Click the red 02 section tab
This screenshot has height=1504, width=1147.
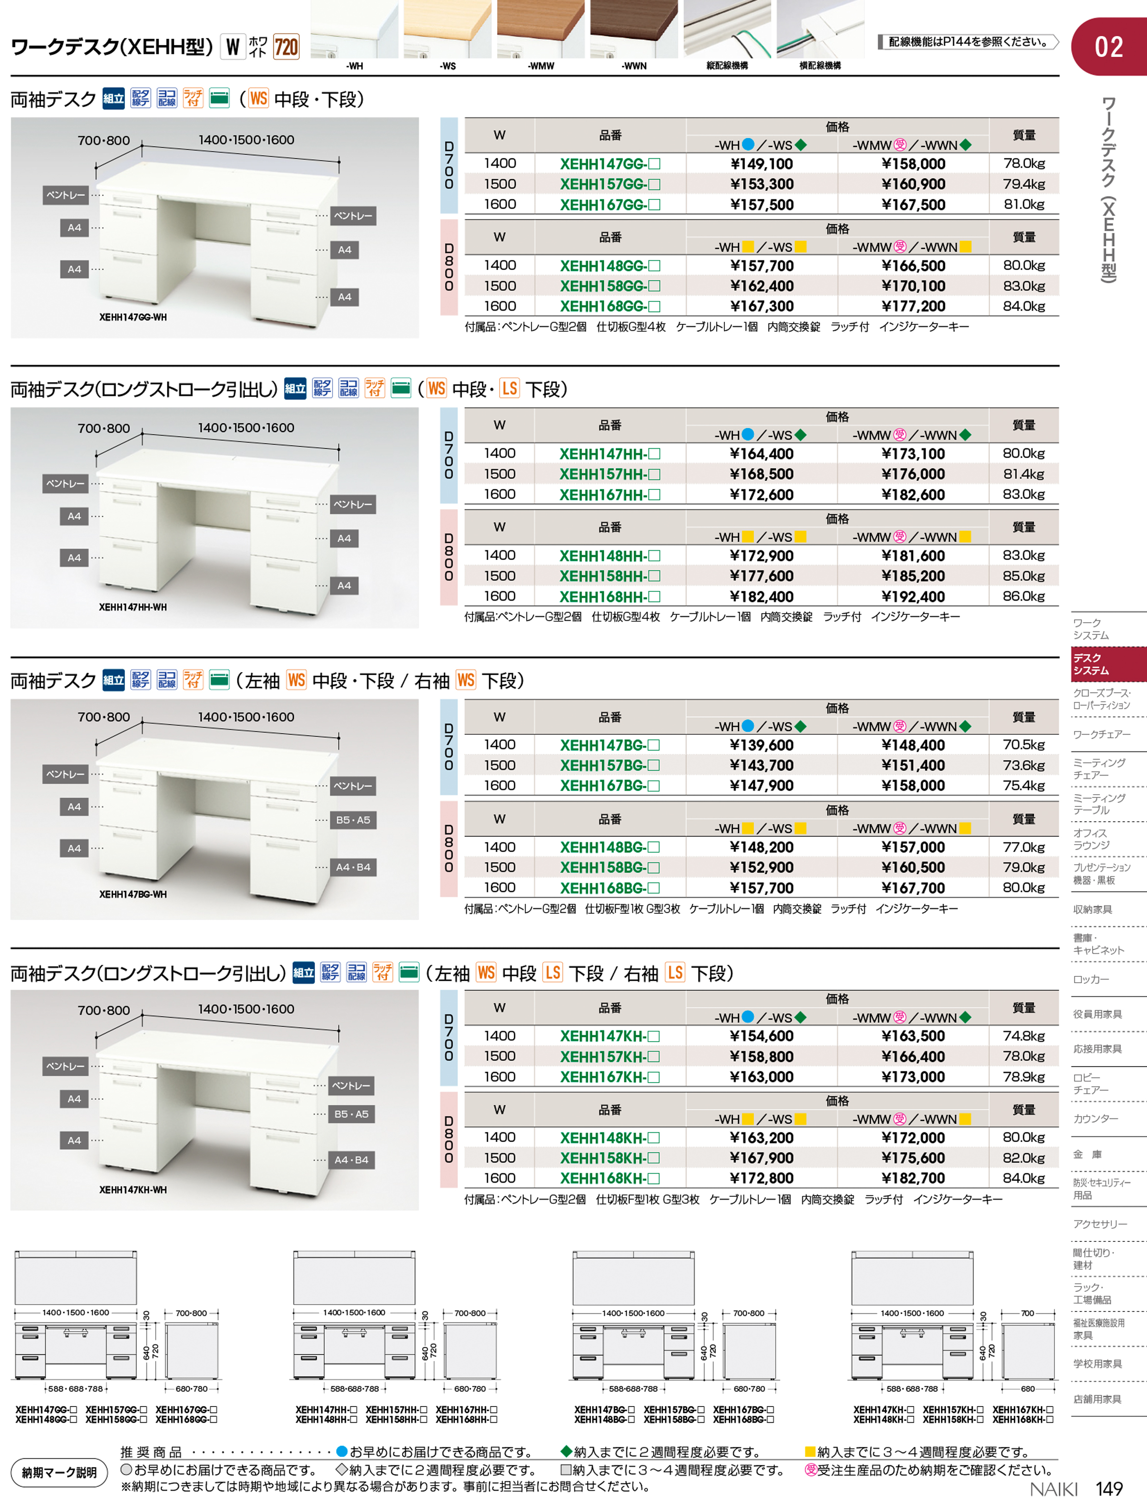pos(1108,47)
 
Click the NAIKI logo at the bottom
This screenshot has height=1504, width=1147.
pos(1053,1489)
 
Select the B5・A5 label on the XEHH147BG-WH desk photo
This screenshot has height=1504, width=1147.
pos(352,820)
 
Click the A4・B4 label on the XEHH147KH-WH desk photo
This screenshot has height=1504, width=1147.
pos(351,1160)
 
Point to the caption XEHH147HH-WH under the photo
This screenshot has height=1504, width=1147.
pos(132,607)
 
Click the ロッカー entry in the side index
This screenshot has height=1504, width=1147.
pos(1091,979)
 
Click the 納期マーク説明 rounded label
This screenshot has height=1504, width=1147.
pos(59,1473)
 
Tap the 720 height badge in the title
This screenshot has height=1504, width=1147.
pos(286,47)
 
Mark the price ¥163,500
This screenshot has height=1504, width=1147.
pos(913,1036)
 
